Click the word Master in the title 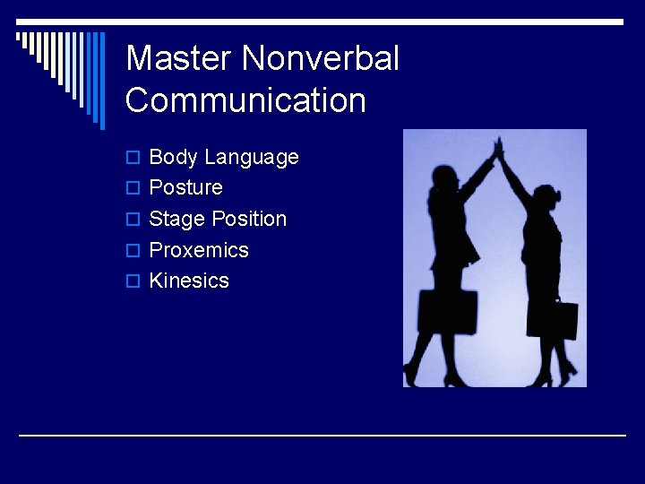pyautogui.click(x=179, y=59)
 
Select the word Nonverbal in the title pyautogui.click(x=321, y=59)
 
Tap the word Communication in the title pyautogui.click(x=245, y=100)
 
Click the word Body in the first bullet pyautogui.click(x=173, y=158)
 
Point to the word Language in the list pyautogui.click(x=251, y=158)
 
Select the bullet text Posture pyautogui.click(x=185, y=188)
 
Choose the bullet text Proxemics pyautogui.click(x=199, y=250)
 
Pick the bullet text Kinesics pyautogui.click(x=189, y=281)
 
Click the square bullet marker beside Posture pyautogui.click(x=133, y=189)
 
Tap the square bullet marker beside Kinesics pyautogui.click(x=133, y=281)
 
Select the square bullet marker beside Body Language pyautogui.click(x=133, y=159)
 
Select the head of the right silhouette pyautogui.click(x=546, y=196)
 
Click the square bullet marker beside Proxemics pyautogui.click(x=133, y=251)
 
